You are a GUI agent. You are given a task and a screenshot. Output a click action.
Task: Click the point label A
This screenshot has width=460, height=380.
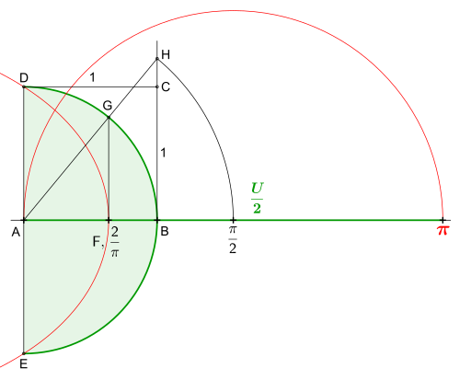tap(16, 232)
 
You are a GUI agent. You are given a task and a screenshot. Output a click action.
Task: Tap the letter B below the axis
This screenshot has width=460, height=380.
tap(165, 231)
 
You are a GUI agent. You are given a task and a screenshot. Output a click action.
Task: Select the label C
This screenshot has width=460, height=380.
tap(166, 87)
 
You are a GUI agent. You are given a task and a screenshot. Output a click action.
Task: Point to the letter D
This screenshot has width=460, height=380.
tap(24, 78)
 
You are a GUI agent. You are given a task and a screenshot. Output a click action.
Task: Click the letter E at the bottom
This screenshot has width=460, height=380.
tap(23, 364)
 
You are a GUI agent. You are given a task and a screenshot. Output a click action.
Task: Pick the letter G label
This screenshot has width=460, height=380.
tap(108, 106)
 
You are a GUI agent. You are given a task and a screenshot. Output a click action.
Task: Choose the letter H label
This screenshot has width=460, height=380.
tap(166, 54)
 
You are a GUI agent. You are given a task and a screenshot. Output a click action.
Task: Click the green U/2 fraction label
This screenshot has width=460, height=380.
tap(257, 198)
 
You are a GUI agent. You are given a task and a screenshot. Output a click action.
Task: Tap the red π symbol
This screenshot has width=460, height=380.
tap(443, 230)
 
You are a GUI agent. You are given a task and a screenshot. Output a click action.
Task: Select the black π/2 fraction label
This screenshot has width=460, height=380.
tap(233, 240)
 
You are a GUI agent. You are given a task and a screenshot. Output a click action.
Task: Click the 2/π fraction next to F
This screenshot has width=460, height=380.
tap(115, 242)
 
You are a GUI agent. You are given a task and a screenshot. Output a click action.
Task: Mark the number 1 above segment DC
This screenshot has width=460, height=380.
tap(92, 77)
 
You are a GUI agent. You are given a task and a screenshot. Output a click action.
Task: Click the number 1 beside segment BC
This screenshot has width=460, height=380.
tap(163, 153)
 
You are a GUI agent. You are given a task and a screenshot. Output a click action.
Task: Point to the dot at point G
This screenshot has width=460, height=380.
tap(109, 118)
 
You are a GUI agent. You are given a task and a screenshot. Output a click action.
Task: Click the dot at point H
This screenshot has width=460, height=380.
tap(157, 59)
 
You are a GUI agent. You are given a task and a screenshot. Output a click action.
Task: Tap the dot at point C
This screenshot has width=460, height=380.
tap(157, 87)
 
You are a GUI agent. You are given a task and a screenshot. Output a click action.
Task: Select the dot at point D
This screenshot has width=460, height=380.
tap(24, 87)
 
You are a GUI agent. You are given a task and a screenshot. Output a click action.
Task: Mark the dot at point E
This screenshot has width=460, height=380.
tap(24, 353)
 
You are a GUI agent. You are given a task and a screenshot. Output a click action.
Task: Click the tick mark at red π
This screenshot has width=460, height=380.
tap(443, 220)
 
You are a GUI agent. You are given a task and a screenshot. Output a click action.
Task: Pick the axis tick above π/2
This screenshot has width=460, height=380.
tap(233, 220)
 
